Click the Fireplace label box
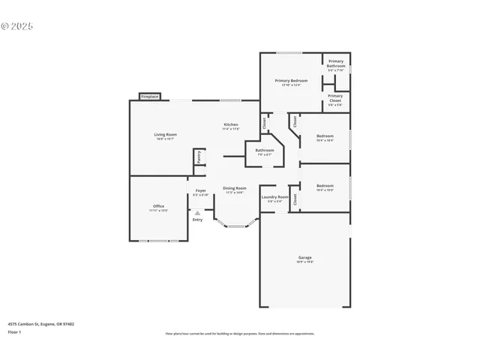[x=149, y=97]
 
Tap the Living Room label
[x=166, y=136]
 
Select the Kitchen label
[x=231, y=126]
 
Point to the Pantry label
[x=199, y=157]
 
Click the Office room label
[x=158, y=208]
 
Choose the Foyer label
[x=200, y=192]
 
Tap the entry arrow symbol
[x=197, y=213]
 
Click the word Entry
[x=197, y=220]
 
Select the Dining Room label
[x=235, y=190]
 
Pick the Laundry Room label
[x=274, y=199]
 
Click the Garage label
[x=304, y=259]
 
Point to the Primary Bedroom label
[x=291, y=82]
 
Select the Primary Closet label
[x=335, y=97]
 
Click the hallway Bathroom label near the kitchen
[x=265, y=151]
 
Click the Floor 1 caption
[x=14, y=331]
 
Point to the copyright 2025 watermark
[x=17, y=26]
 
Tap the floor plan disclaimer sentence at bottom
[x=240, y=334]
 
